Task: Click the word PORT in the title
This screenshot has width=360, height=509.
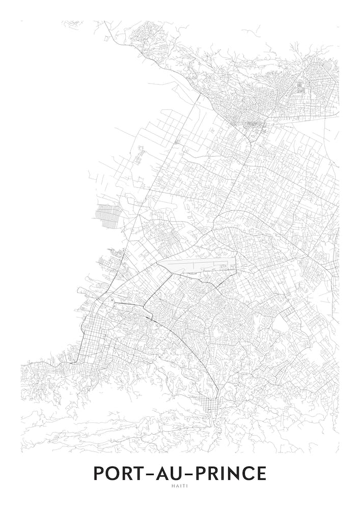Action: [118, 473]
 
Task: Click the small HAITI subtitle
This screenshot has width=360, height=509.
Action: [180, 485]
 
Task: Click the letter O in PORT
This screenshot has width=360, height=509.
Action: [112, 473]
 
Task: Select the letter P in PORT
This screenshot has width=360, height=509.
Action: [98, 473]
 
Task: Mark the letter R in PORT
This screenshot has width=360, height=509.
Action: [126, 473]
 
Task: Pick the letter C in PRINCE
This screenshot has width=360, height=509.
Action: [247, 473]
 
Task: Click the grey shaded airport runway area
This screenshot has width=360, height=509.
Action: [199, 265]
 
